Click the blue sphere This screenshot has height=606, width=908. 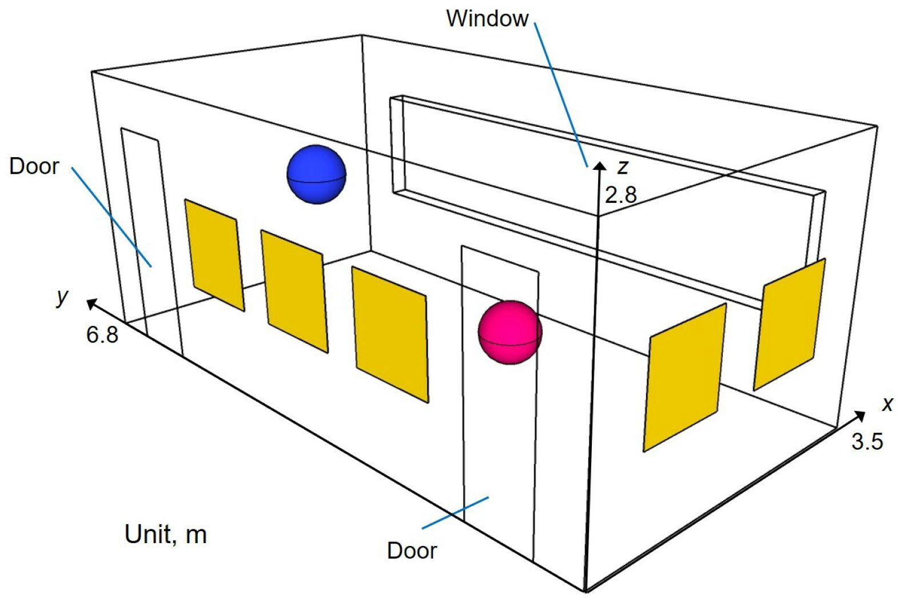pos(316,174)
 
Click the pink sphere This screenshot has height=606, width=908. pos(509,332)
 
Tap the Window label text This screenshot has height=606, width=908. pos(487,18)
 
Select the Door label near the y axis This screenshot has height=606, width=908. pos(34,166)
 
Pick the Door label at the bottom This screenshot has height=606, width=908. pos(412,551)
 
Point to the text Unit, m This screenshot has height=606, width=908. pos(165,534)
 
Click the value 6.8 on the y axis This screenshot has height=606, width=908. pos(102,334)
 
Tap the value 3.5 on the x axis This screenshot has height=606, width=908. pos(867,441)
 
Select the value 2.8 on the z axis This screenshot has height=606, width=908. pos(621,196)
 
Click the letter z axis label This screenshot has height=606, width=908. pos(623,167)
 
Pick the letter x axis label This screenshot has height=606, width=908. pos(887,404)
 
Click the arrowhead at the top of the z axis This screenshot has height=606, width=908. pos(599,166)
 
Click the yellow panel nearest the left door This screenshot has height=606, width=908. pos(214,254)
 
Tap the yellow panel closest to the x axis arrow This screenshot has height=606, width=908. pos(790,324)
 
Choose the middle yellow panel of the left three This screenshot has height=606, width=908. pos(294,290)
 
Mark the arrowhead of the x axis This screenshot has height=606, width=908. pos(859,415)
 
